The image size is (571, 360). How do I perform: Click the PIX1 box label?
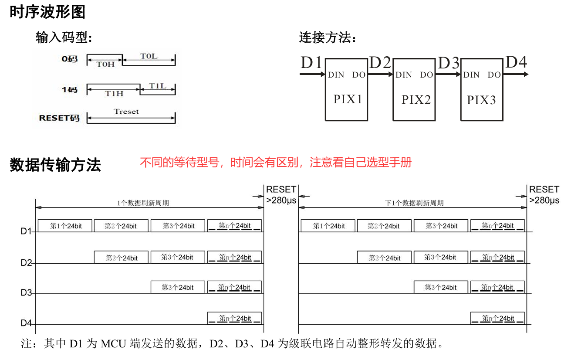click(x=348, y=99)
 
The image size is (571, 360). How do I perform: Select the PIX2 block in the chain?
click(x=416, y=100)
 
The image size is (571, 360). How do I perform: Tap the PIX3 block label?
click(x=481, y=100)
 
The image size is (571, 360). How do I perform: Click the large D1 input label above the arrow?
click(x=311, y=63)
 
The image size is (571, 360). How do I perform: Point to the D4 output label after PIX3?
click(x=516, y=62)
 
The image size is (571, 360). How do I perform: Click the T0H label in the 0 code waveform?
click(x=105, y=65)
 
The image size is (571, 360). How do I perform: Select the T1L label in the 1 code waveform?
click(x=158, y=86)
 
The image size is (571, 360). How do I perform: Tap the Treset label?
click(x=126, y=112)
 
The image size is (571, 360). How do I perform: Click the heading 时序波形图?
click(x=47, y=12)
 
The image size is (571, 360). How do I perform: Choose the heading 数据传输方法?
click(x=55, y=165)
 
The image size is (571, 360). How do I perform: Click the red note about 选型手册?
click(x=275, y=163)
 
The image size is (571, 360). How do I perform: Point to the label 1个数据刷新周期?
click(x=143, y=203)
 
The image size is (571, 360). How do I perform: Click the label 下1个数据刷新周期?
click(x=414, y=203)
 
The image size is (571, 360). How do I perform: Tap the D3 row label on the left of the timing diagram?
click(x=26, y=292)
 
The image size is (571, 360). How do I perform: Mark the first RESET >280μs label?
click(x=281, y=195)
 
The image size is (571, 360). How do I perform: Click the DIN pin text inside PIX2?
click(x=403, y=75)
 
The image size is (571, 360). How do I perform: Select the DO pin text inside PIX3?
click(x=494, y=75)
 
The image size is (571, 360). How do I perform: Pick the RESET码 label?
click(x=59, y=118)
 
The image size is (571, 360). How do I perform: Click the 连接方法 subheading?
click(x=328, y=38)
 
